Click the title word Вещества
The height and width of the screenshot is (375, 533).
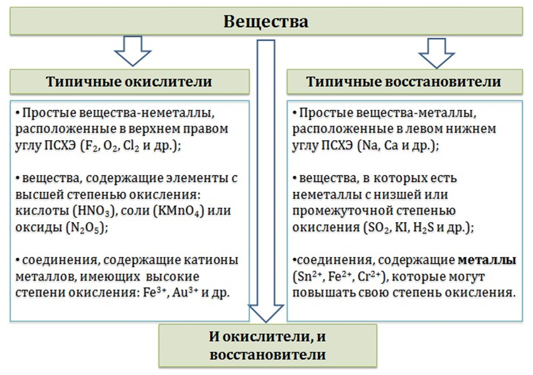click(266, 21)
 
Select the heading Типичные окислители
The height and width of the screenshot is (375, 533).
click(129, 82)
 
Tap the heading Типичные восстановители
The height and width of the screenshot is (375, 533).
click(404, 82)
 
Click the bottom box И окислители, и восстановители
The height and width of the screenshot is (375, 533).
click(268, 346)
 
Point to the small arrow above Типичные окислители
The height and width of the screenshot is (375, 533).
click(132, 50)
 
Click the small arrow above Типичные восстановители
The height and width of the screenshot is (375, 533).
click(436, 53)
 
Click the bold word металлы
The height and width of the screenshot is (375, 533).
click(487, 260)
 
